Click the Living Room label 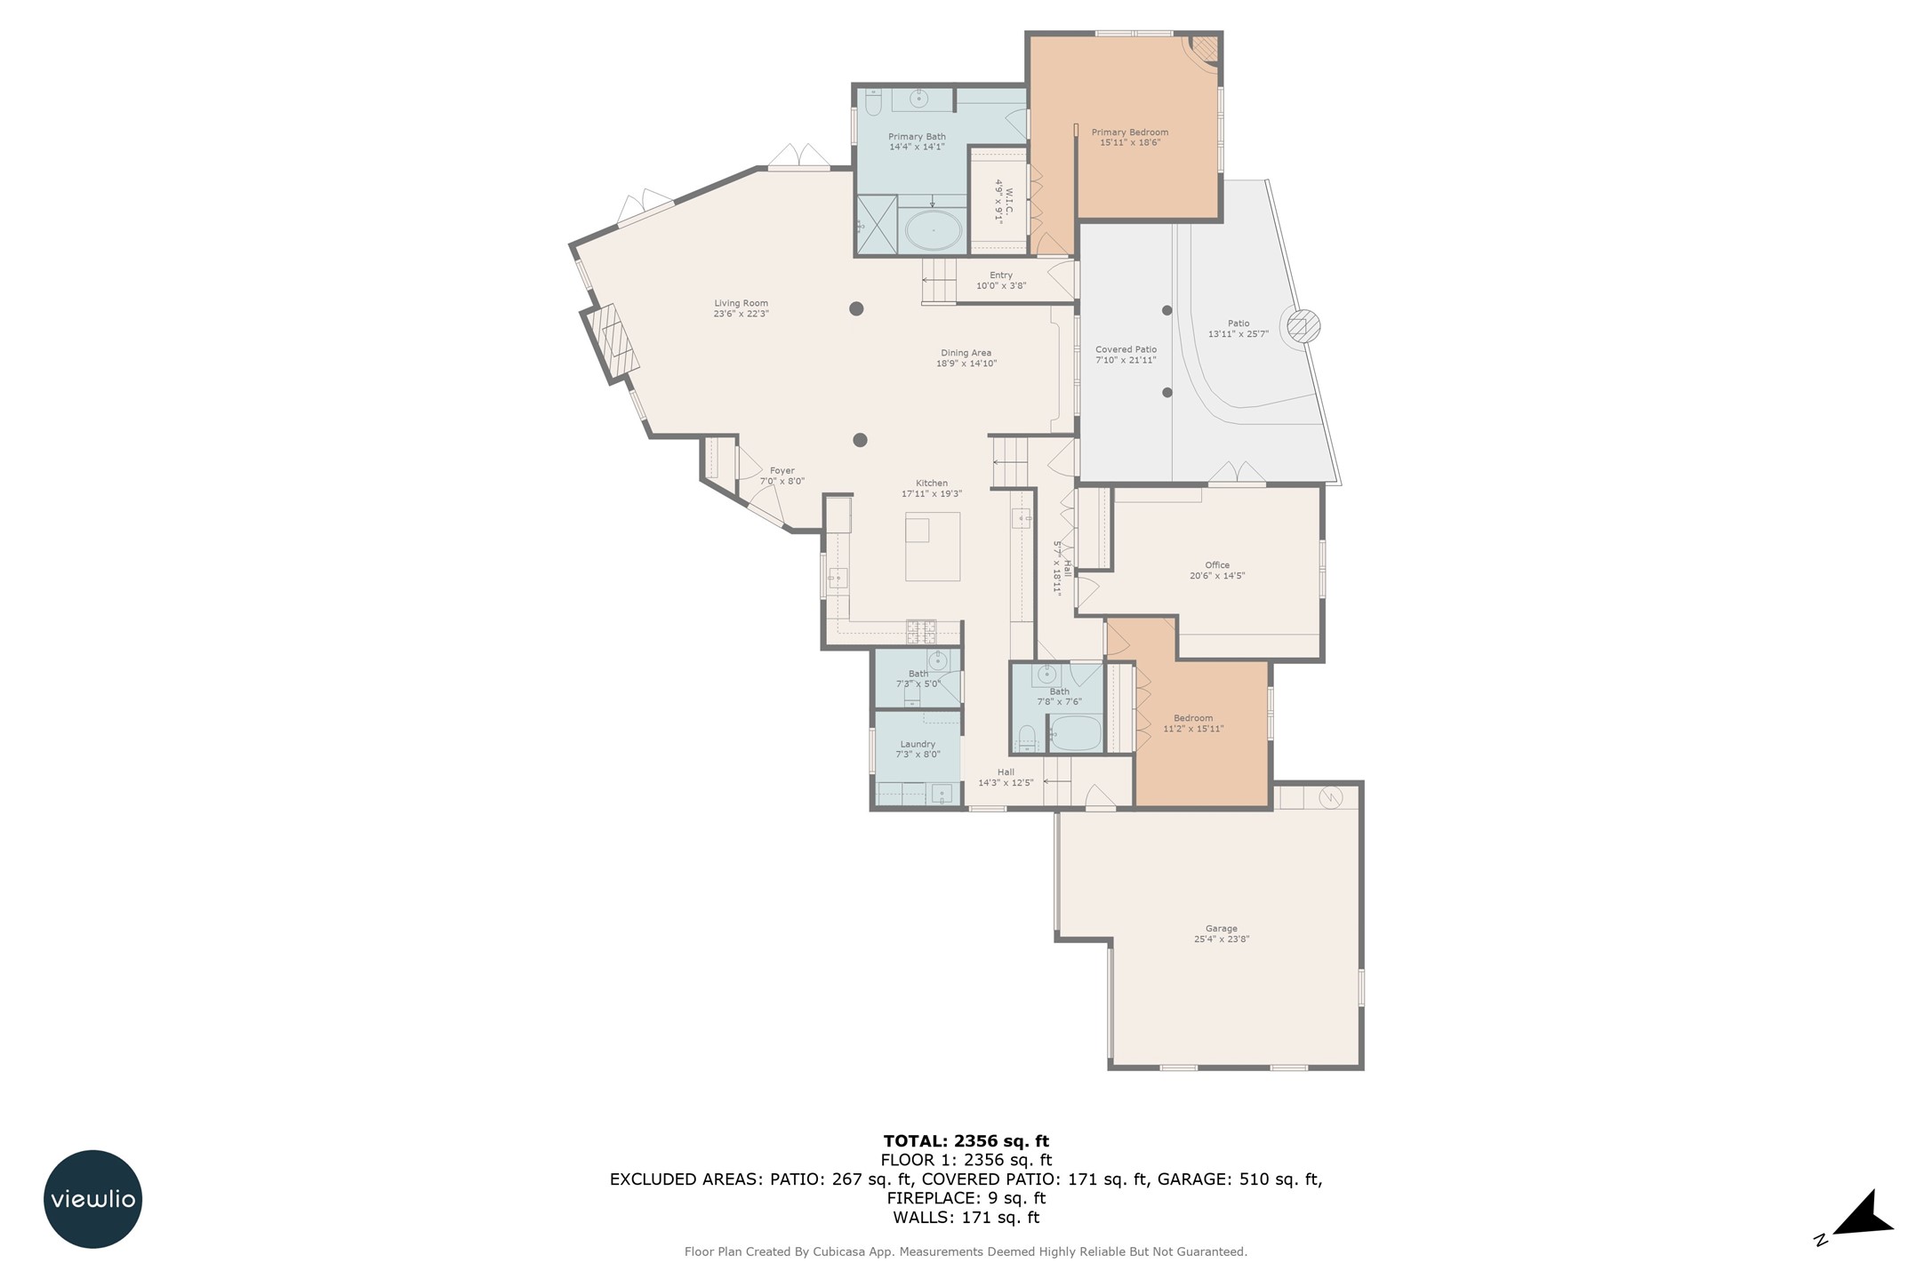(741, 304)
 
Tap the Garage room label (1221, 929)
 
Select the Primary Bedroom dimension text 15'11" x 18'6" (1130, 142)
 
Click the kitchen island (933, 547)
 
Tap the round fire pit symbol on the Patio (1299, 326)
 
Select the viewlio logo (92, 1199)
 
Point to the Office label (1217, 565)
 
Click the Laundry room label (918, 744)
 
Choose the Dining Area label (966, 353)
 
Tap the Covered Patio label (1126, 349)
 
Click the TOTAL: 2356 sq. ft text (966, 1141)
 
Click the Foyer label (782, 471)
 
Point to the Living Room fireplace (612, 344)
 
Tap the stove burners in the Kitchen (921, 631)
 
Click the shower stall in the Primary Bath (877, 226)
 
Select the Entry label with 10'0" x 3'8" (1001, 281)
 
